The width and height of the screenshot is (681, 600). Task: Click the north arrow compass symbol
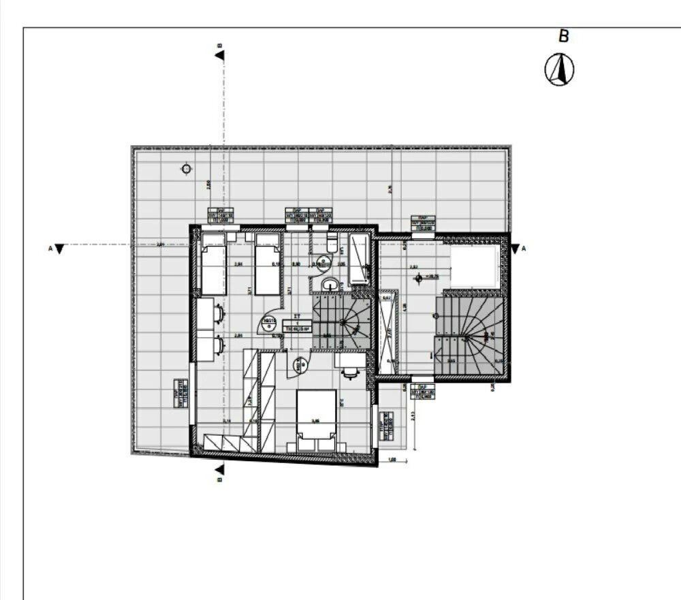point(559,69)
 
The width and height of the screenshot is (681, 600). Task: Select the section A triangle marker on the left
point(60,249)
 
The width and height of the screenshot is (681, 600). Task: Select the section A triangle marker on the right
point(515,249)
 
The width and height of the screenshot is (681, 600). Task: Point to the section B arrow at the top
point(219,54)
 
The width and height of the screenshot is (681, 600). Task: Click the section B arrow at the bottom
point(219,469)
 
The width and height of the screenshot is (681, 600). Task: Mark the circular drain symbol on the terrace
point(187,169)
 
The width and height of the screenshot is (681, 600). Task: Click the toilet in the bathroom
point(332,243)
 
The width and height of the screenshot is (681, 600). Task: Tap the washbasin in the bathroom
point(330,285)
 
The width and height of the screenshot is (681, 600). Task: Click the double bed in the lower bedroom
point(316,415)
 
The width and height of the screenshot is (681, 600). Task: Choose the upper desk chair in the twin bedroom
point(219,313)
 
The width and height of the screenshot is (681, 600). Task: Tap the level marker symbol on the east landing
point(419,277)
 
